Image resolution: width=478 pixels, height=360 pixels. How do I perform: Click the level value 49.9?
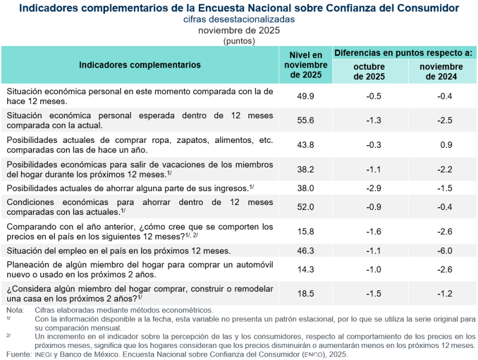point(305,96)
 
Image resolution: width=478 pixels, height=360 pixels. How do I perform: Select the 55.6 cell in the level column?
point(305,120)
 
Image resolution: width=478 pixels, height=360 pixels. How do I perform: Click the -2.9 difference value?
point(374,188)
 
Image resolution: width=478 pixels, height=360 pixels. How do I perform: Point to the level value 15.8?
point(305,231)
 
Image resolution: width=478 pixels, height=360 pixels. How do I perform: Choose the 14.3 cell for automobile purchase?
point(305,269)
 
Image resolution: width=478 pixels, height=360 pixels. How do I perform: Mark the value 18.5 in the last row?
point(305,293)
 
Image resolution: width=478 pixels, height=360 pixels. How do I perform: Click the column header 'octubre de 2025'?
point(369,71)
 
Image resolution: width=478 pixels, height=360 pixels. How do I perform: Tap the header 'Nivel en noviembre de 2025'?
point(306,65)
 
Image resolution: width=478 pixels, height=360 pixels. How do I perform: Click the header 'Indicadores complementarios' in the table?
point(140,65)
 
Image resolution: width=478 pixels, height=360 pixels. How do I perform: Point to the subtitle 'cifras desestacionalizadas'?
point(239,19)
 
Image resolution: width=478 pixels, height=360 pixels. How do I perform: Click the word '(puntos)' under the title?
point(239,41)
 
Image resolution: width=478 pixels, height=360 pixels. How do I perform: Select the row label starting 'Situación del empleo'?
point(118,251)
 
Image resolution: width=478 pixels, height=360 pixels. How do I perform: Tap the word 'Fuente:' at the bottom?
point(18,355)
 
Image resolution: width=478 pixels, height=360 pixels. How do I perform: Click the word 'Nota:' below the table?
point(15,310)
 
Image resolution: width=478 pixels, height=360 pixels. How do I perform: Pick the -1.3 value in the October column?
point(374,120)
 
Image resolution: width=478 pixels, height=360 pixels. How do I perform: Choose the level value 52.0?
point(305,207)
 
